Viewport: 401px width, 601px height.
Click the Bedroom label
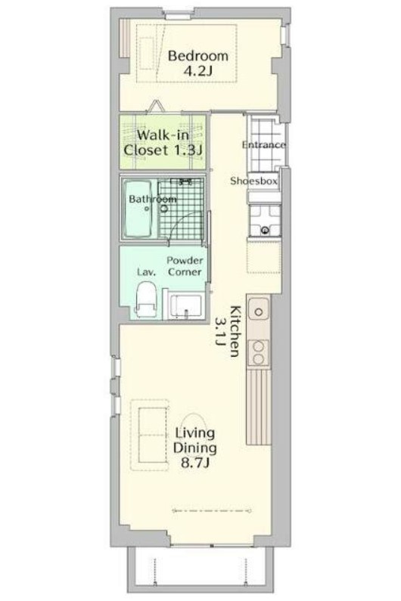point(198,56)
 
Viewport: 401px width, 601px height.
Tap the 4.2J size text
point(197,71)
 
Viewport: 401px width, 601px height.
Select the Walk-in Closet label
point(163,142)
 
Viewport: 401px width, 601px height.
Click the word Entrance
point(263,145)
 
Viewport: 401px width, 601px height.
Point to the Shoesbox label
point(253,181)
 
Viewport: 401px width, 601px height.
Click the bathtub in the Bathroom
point(138,209)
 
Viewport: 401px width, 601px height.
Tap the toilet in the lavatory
point(146,299)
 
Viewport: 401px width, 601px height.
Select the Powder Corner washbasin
point(186,306)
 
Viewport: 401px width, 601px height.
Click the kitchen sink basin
point(259,311)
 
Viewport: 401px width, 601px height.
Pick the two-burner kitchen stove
point(259,352)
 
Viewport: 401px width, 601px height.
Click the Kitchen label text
point(235,331)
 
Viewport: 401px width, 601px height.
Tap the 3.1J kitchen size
point(220,332)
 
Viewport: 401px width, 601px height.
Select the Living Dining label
point(195,441)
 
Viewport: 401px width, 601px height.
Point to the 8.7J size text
point(195,463)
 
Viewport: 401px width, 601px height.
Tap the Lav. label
point(146,272)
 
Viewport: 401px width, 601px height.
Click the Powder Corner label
point(185,266)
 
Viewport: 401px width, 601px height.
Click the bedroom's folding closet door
point(156,106)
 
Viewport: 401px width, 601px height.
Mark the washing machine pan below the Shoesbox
point(264,220)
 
